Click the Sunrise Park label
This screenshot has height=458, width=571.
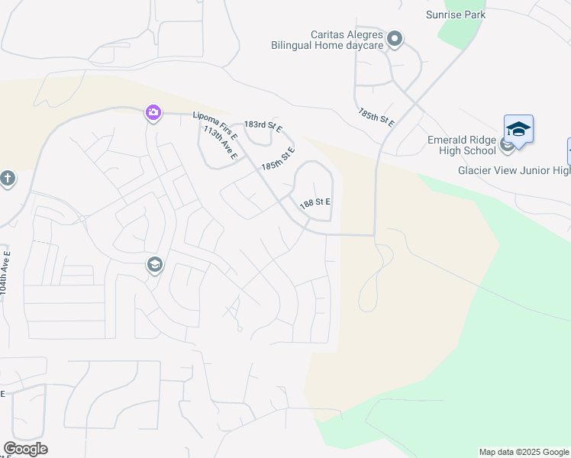click(456, 15)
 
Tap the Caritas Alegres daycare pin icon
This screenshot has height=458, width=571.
click(395, 39)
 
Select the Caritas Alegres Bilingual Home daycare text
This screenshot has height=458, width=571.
click(327, 40)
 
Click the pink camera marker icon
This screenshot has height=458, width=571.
click(153, 114)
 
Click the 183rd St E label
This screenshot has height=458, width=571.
click(263, 127)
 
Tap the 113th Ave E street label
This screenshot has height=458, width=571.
click(221, 144)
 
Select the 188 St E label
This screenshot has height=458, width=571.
click(315, 202)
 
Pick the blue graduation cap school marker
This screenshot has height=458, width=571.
click(518, 129)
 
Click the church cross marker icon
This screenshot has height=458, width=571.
click(8, 179)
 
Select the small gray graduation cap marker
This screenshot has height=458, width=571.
click(154, 265)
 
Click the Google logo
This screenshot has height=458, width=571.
click(25, 449)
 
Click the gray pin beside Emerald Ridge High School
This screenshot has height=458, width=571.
click(507, 146)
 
